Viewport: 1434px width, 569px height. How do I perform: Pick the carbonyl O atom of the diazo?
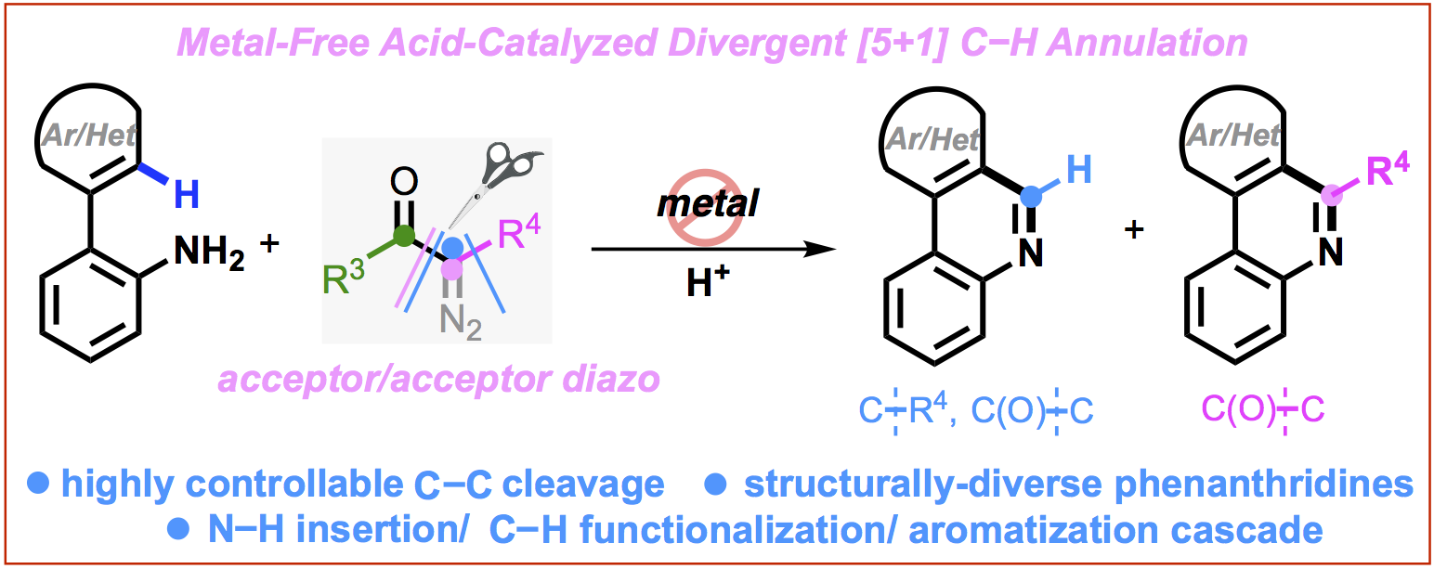pos(404,180)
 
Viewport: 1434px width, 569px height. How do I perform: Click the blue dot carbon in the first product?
pos(1027,195)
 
